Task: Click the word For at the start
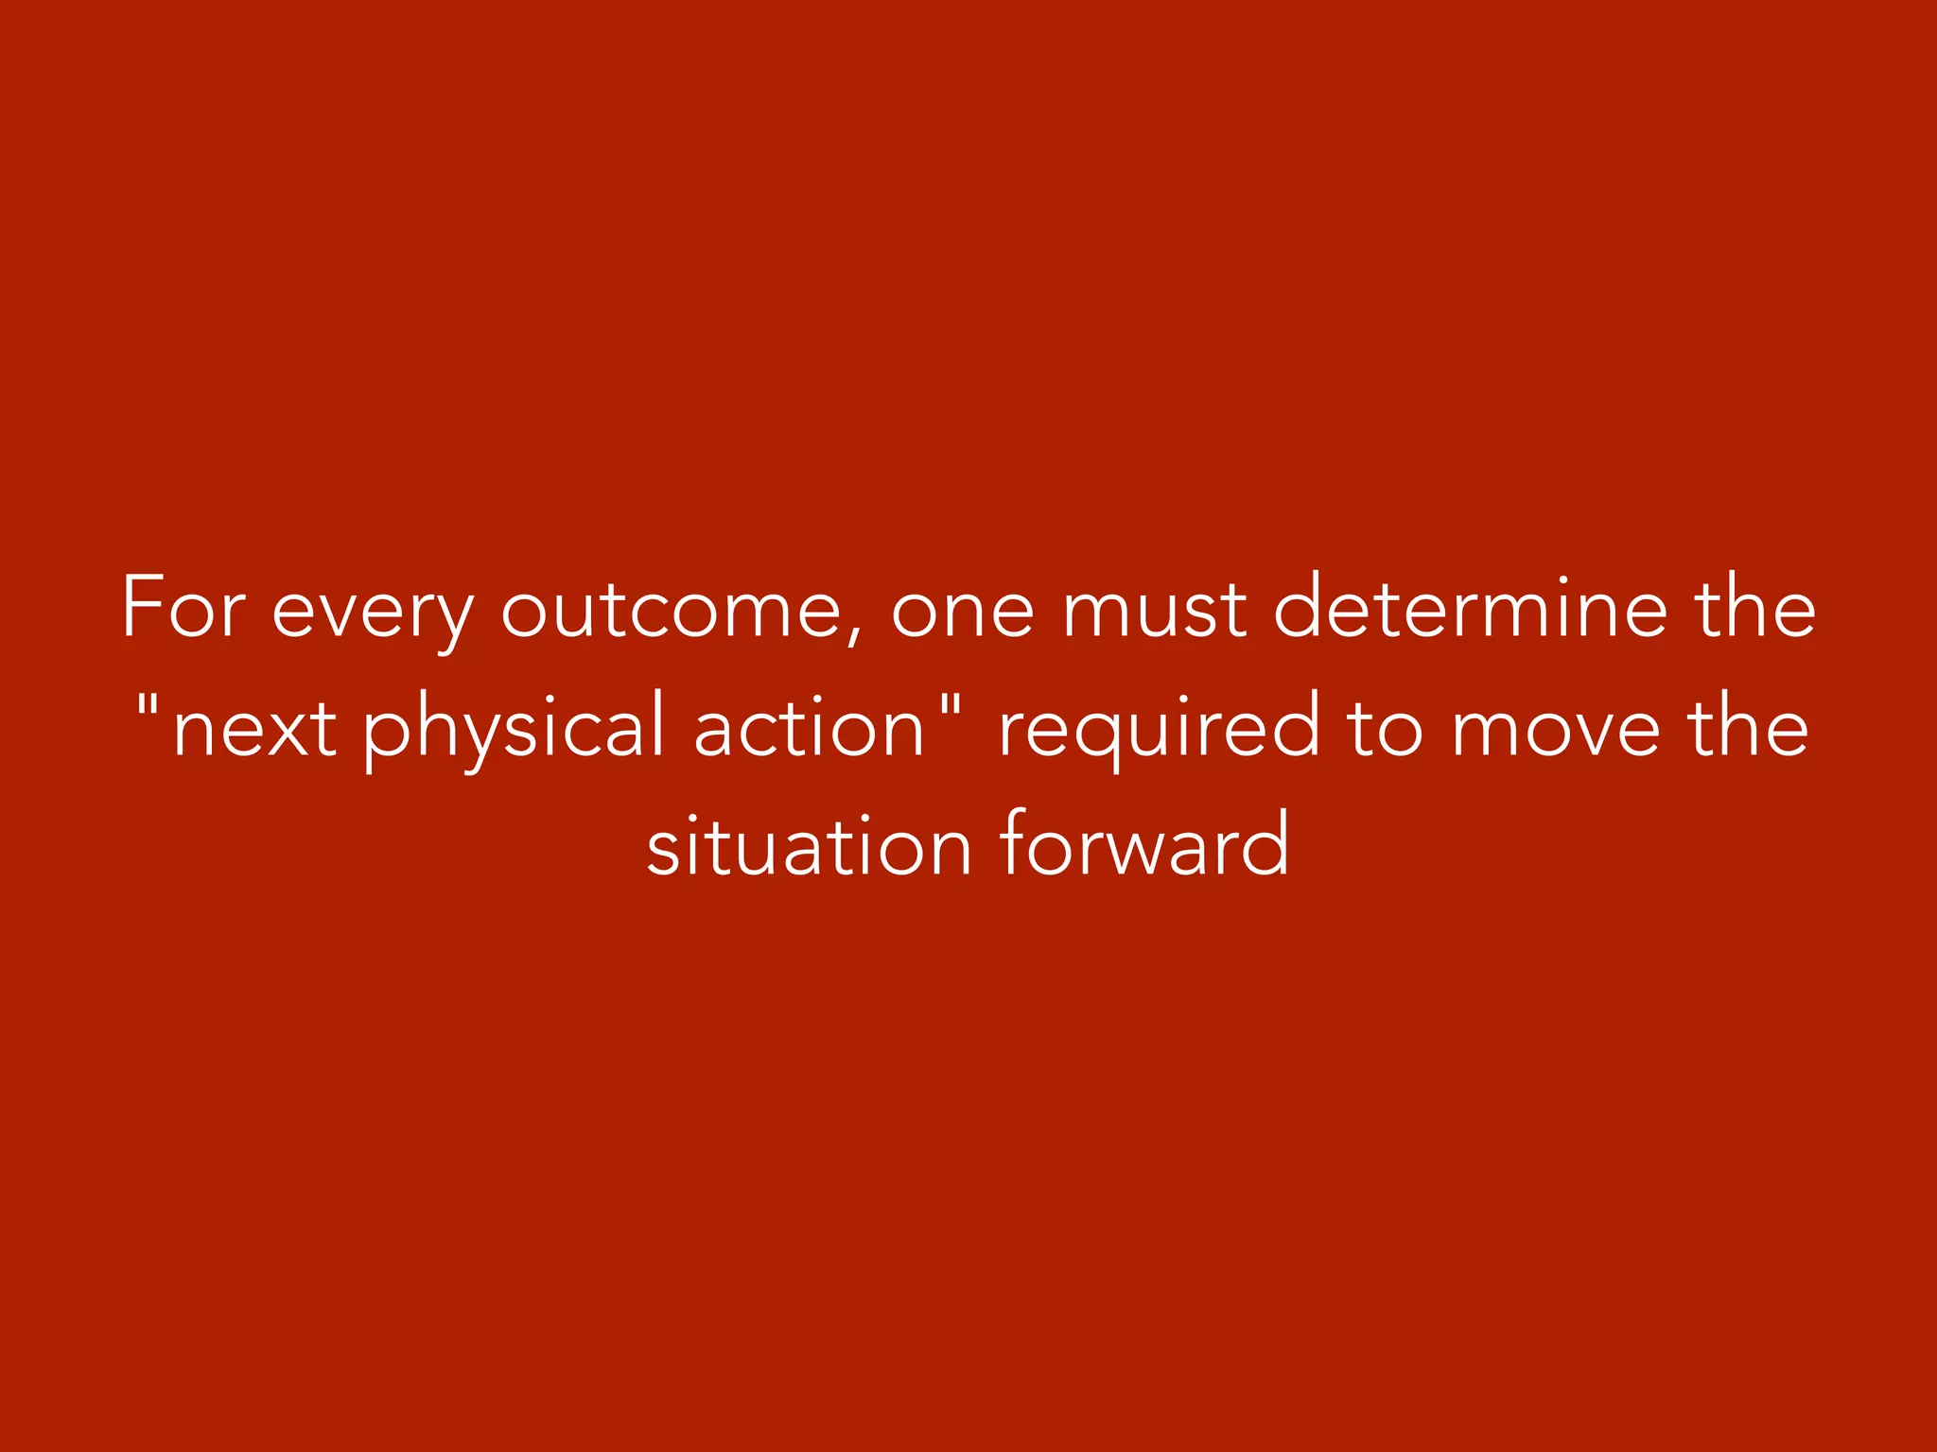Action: pyautogui.click(x=184, y=609)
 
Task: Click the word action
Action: pyautogui.click(x=809, y=726)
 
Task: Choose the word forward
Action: pyautogui.click(x=1143, y=843)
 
